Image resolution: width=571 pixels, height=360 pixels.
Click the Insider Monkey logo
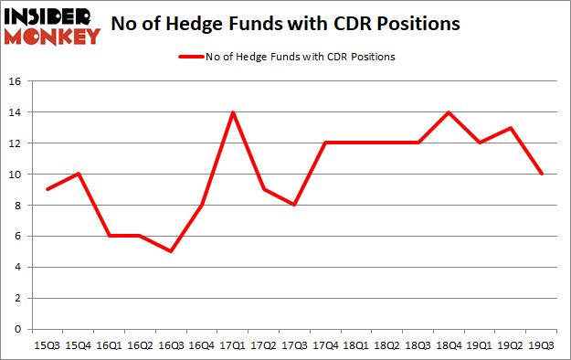[52, 25]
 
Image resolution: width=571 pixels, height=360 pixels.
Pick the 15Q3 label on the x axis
[48, 345]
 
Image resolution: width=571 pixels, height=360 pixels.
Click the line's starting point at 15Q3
[48, 189]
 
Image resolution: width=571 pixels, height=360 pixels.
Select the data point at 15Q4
[79, 174]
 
